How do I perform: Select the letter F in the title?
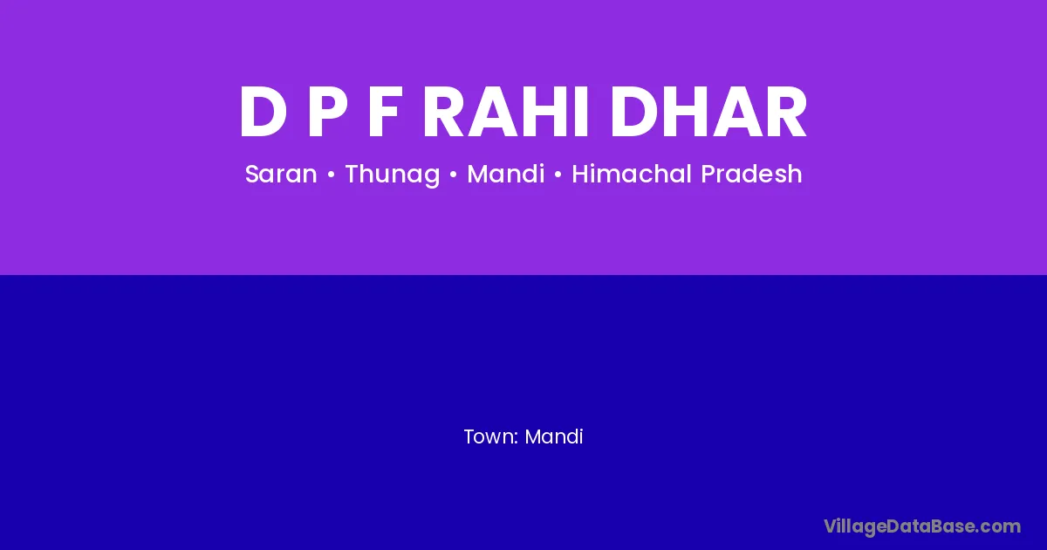(385, 112)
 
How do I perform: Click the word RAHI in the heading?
(505, 112)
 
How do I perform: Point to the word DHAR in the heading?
(708, 112)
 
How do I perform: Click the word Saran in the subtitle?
(281, 174)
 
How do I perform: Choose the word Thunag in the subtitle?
(393, 175)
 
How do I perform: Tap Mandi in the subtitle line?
(506, 174)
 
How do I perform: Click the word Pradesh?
(751, 174)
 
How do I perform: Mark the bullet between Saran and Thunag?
(331, 175)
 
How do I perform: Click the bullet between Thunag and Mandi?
(453, 175)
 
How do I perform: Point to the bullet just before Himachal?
(558, 175)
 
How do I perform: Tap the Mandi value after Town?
(554, 437)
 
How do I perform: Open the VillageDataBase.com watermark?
(922, 527)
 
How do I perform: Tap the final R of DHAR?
(788, 112)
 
